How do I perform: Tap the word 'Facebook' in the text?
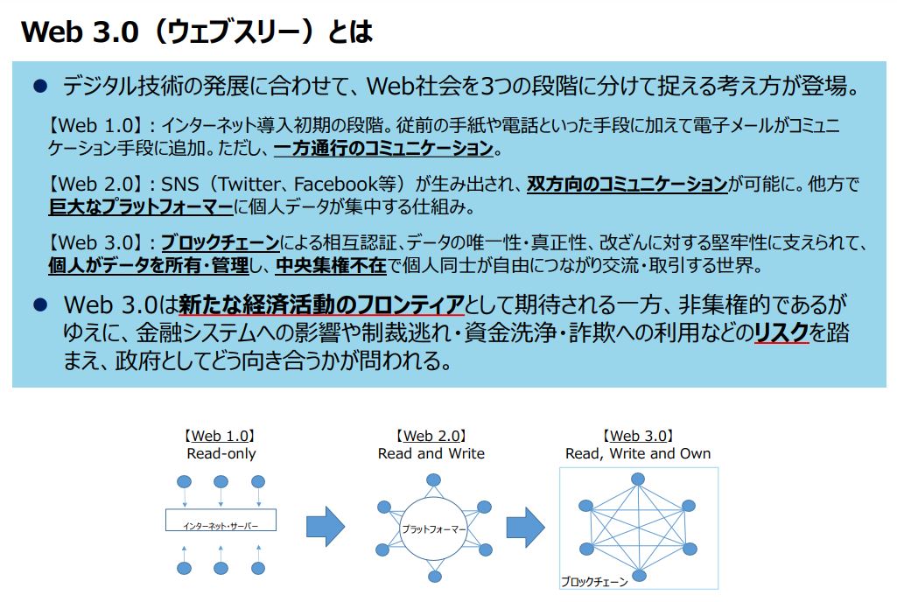click(x=335, y=185)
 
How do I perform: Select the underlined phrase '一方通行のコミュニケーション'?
click(x=384, y=149)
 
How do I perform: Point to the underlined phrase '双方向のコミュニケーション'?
click(x=627, y=185)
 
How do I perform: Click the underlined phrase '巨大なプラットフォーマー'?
click(x=141, y=206)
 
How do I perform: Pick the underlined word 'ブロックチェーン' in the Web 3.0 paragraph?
click(x=221, y=242)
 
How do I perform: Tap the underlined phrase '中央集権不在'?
click(x=331, y=265)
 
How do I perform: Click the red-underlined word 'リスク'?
click(x=781, y=332)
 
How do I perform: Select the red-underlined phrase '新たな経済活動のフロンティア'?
click(x=321, y=304)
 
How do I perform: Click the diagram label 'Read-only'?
click(x=221, y=454)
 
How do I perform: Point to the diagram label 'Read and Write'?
click(x=431, y=454)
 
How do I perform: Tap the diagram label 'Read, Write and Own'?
click(x=638, y=454)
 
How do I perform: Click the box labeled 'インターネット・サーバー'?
click(x=221, y=520)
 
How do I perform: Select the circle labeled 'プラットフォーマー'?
click(x=434, y=528)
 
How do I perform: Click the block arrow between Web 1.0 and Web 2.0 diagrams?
click(x=326, y=526)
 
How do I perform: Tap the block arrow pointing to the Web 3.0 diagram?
click(x=525, y=527)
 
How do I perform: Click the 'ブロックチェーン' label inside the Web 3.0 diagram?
click(x=594, y=581)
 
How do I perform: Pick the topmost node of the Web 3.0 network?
click(x=638, y=479)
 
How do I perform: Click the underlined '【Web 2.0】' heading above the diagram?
click(x=431, y=436)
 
